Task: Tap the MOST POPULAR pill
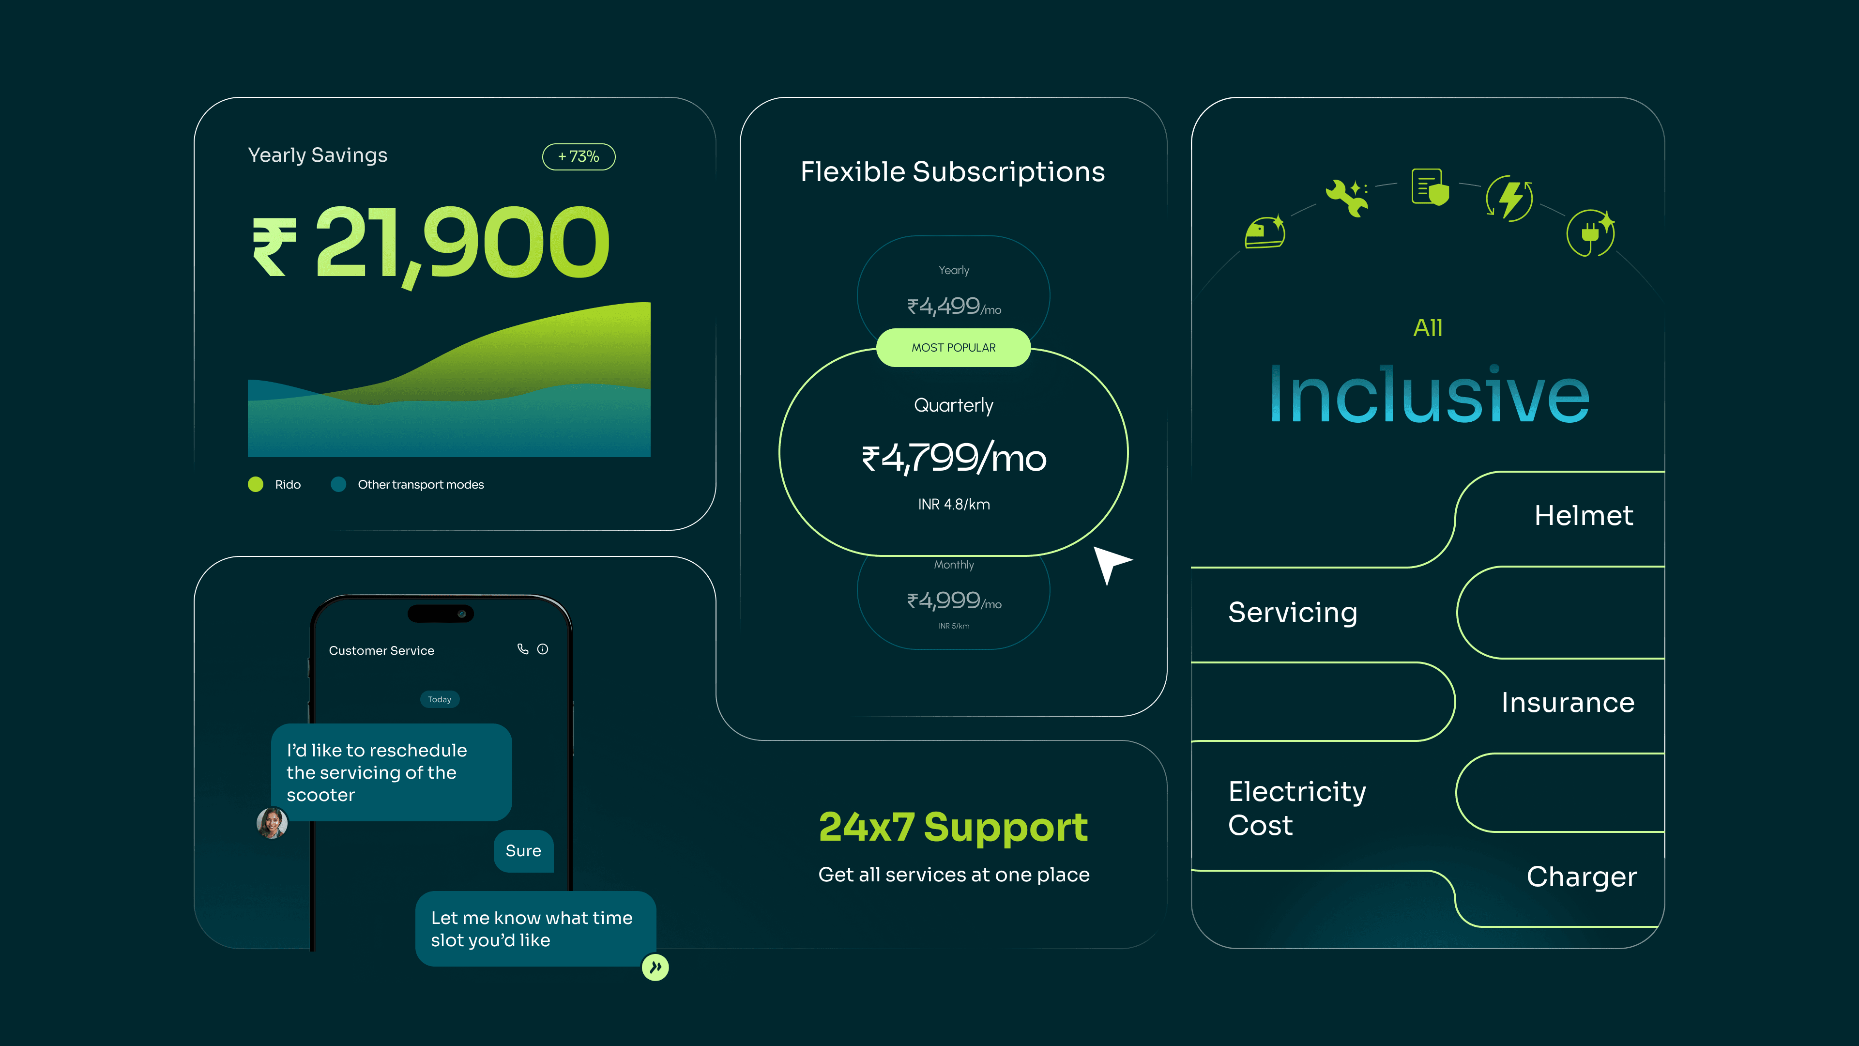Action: click(x=953, y=347)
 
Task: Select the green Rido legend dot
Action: click(x=256, y=484)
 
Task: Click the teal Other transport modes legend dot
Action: click(x=338, y=484)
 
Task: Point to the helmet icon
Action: click(x=1265, y=232)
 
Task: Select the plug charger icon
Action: click(x=1590, y=232)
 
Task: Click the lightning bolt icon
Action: click(x=1510, y=198)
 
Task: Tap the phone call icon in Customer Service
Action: click(x=522, y=649)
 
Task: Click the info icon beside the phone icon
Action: click(x=543, y=649)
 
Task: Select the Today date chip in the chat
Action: click(x=440, y=699)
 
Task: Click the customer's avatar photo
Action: click(x=272, y=823)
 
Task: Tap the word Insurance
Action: click(x=1568, y=702)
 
